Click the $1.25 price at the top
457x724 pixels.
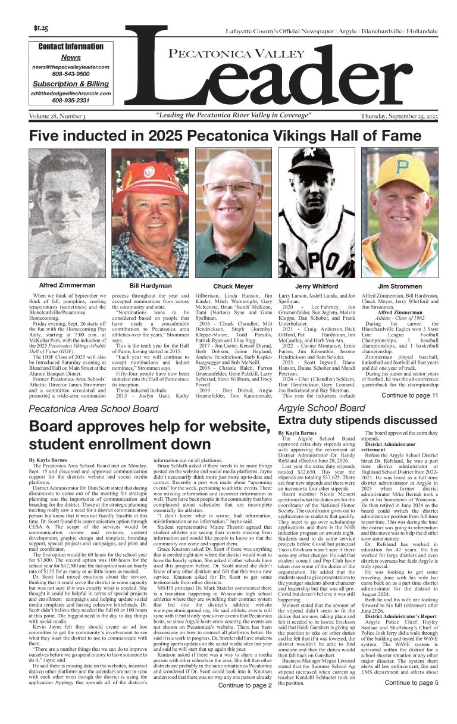pos(41,29)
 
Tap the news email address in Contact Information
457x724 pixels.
pos(71,67)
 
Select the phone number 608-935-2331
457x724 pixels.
pos(71,101)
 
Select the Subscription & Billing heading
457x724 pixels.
pos(71,84)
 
